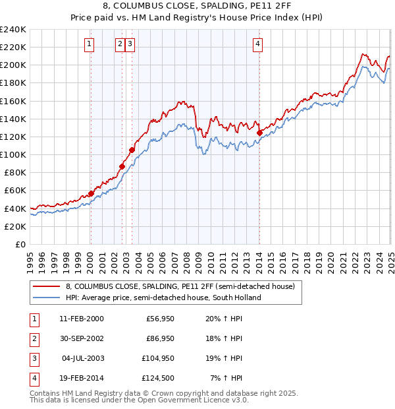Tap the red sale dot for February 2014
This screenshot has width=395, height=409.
(259, 133)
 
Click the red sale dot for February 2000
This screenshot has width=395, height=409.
(92, 193)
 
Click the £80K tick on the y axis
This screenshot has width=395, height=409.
(15, 172)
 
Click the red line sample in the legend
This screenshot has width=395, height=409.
(45, 286)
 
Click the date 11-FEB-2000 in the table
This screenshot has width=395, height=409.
(81, 319)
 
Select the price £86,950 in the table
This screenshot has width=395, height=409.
(158, 338)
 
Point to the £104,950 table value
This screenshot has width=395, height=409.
(157, 358)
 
